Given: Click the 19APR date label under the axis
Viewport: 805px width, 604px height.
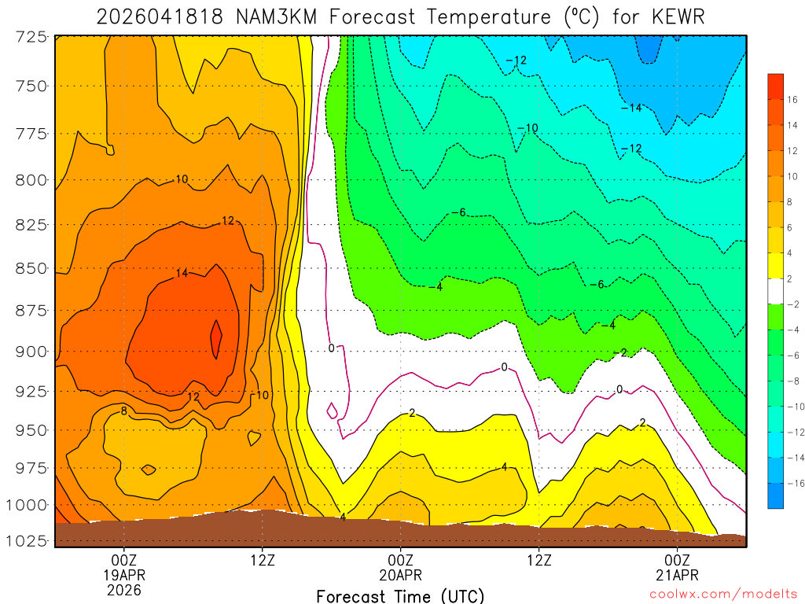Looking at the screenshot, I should click(x=124, y=574).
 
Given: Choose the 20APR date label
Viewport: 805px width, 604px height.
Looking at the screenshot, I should click(x=401, y=574).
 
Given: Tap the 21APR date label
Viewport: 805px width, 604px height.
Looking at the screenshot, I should click(x=678, y=574).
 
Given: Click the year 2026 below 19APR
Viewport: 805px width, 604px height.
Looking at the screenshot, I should click(x=124, y=589).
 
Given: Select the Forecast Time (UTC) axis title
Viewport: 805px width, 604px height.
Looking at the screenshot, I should click(x=400, y=595).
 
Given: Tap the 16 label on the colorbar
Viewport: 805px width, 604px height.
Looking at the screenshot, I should click(x=792, y=99).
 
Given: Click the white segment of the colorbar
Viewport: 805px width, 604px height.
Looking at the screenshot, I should click(x=775, y=291).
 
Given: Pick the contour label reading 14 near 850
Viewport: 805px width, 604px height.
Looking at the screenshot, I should click(x=182, y=274).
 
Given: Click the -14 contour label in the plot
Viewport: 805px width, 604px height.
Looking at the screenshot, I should click(x=631, y=108).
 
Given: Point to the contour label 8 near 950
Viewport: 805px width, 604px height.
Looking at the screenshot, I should click(x=124, y=411).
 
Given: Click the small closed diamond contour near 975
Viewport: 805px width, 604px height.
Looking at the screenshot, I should click(x=149, y=470).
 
